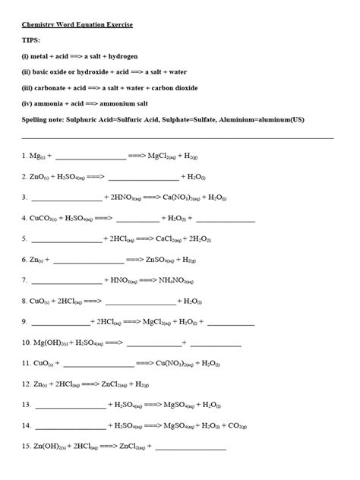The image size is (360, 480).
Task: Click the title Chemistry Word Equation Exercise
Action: point(77,25)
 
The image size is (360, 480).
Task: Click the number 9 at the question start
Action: point(25,322)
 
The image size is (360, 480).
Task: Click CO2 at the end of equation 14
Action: point(236,426)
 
